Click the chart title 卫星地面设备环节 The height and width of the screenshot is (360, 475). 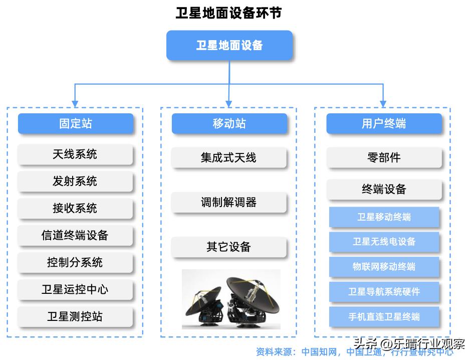[228, 13]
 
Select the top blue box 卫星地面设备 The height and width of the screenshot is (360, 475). [229, 46]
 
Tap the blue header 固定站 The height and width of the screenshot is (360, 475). [75, 124]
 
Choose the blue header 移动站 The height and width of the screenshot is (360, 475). [229, 124]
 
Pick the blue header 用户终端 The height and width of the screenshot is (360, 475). [384, 124]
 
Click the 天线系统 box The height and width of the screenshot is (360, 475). [75, 154]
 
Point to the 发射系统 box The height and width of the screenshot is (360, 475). [75, 182]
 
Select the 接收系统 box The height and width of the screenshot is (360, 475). [75, 209]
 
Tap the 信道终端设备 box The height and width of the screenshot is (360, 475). [75, 236]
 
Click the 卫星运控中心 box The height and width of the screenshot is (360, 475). [75, 290]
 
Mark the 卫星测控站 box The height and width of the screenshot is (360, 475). [75, 317]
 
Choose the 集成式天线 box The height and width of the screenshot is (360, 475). [229, 158]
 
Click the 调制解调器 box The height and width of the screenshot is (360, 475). [229, 203]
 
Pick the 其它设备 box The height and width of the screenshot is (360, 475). [229, 247]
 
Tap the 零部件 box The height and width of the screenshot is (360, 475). [384, 158]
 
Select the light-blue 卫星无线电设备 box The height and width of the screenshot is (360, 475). [384, 242]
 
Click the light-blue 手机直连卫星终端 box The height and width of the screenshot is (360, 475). [384, 317]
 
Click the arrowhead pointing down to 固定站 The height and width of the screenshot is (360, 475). [75, 104]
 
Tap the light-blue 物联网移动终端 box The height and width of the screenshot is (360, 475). [384, 267]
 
